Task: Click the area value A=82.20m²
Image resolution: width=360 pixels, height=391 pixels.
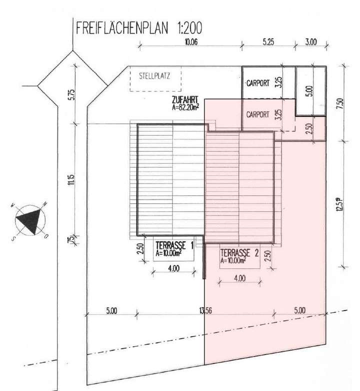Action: click(185, 106)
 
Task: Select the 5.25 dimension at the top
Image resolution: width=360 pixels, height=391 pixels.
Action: click(268, 42)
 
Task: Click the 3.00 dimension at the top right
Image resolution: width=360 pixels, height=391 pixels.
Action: click(310, 42)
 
